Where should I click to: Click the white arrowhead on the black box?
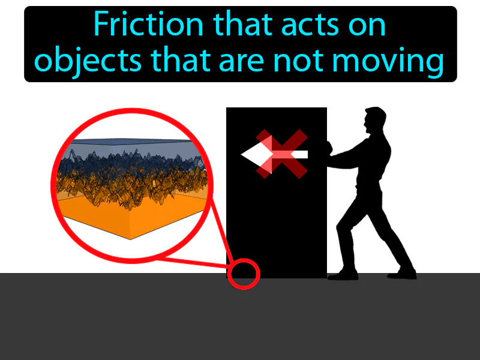point(254,155)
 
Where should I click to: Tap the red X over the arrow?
point(282,154)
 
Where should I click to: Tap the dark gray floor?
point(240,318)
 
